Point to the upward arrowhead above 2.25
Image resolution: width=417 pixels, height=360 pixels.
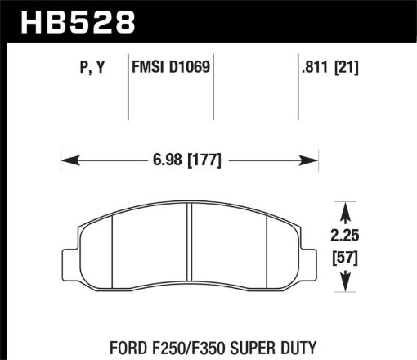352,206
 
